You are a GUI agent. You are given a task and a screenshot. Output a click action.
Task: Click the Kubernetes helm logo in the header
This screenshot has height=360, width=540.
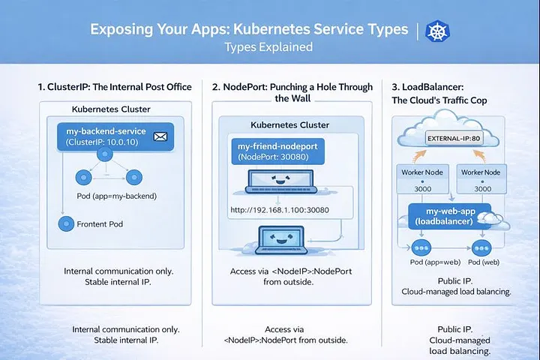pyautogui.click(x=436, y=31)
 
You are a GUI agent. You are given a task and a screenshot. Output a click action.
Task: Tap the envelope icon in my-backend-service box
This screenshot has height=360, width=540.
pyautogui.click(x=159, y=136)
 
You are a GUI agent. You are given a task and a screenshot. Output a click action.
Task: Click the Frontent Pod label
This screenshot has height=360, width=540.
pyautogui.click(x=100, y=223)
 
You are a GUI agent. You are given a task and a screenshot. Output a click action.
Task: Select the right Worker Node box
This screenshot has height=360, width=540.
pyautogui.click(x=481, y=179)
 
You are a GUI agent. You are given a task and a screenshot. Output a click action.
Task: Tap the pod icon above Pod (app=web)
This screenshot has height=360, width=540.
pyautogui.click(x=421, y=247)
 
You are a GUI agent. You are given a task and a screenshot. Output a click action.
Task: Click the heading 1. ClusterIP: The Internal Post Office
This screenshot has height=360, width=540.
pyautogui.click(x=115, y=87)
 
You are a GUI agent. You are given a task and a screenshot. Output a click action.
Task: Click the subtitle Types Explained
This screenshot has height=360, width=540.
pyautogui.click(x=268, y=47)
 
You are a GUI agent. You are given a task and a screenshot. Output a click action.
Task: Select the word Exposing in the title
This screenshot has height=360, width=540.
pyautogui.click(x=118, y=30)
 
